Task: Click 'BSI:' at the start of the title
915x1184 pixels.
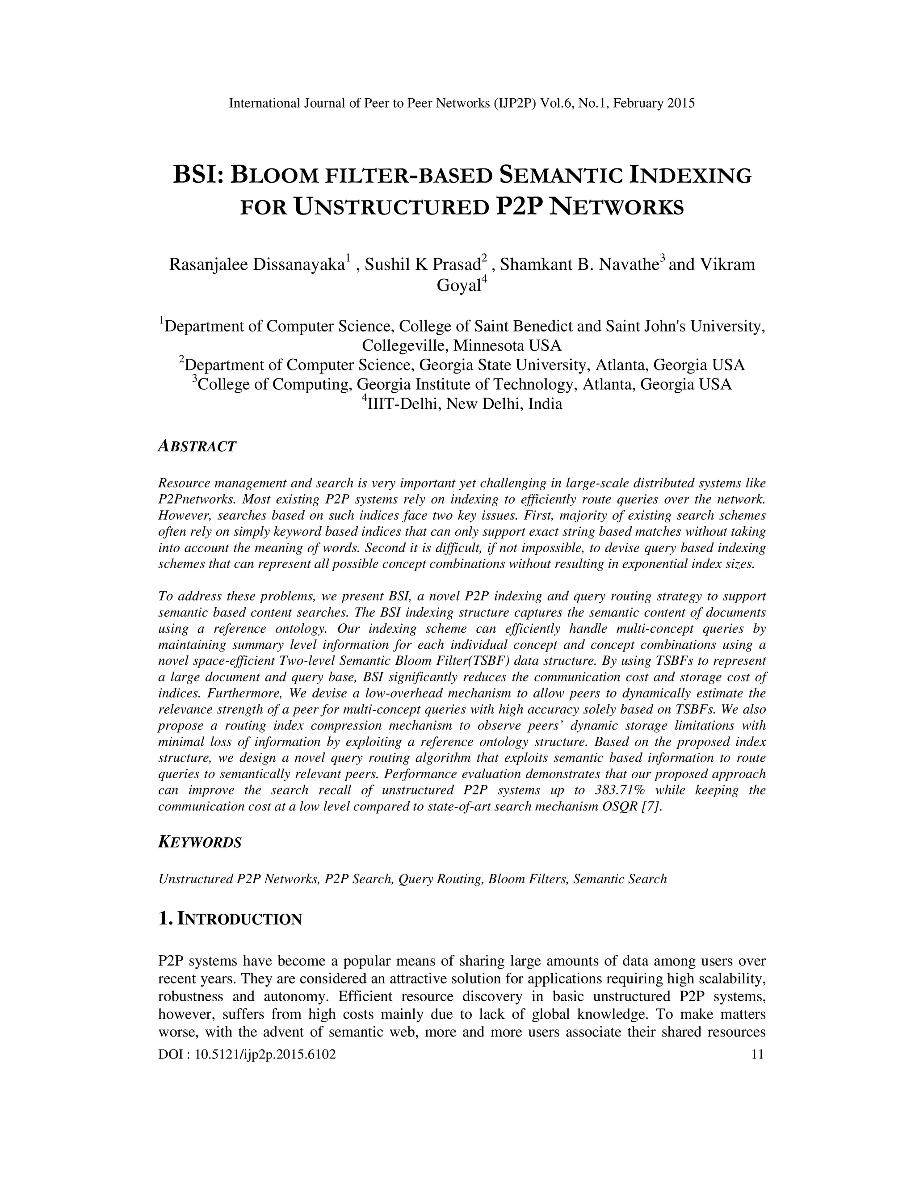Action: [x=198, y=176]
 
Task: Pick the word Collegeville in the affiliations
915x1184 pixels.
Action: [x=406, y=345]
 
